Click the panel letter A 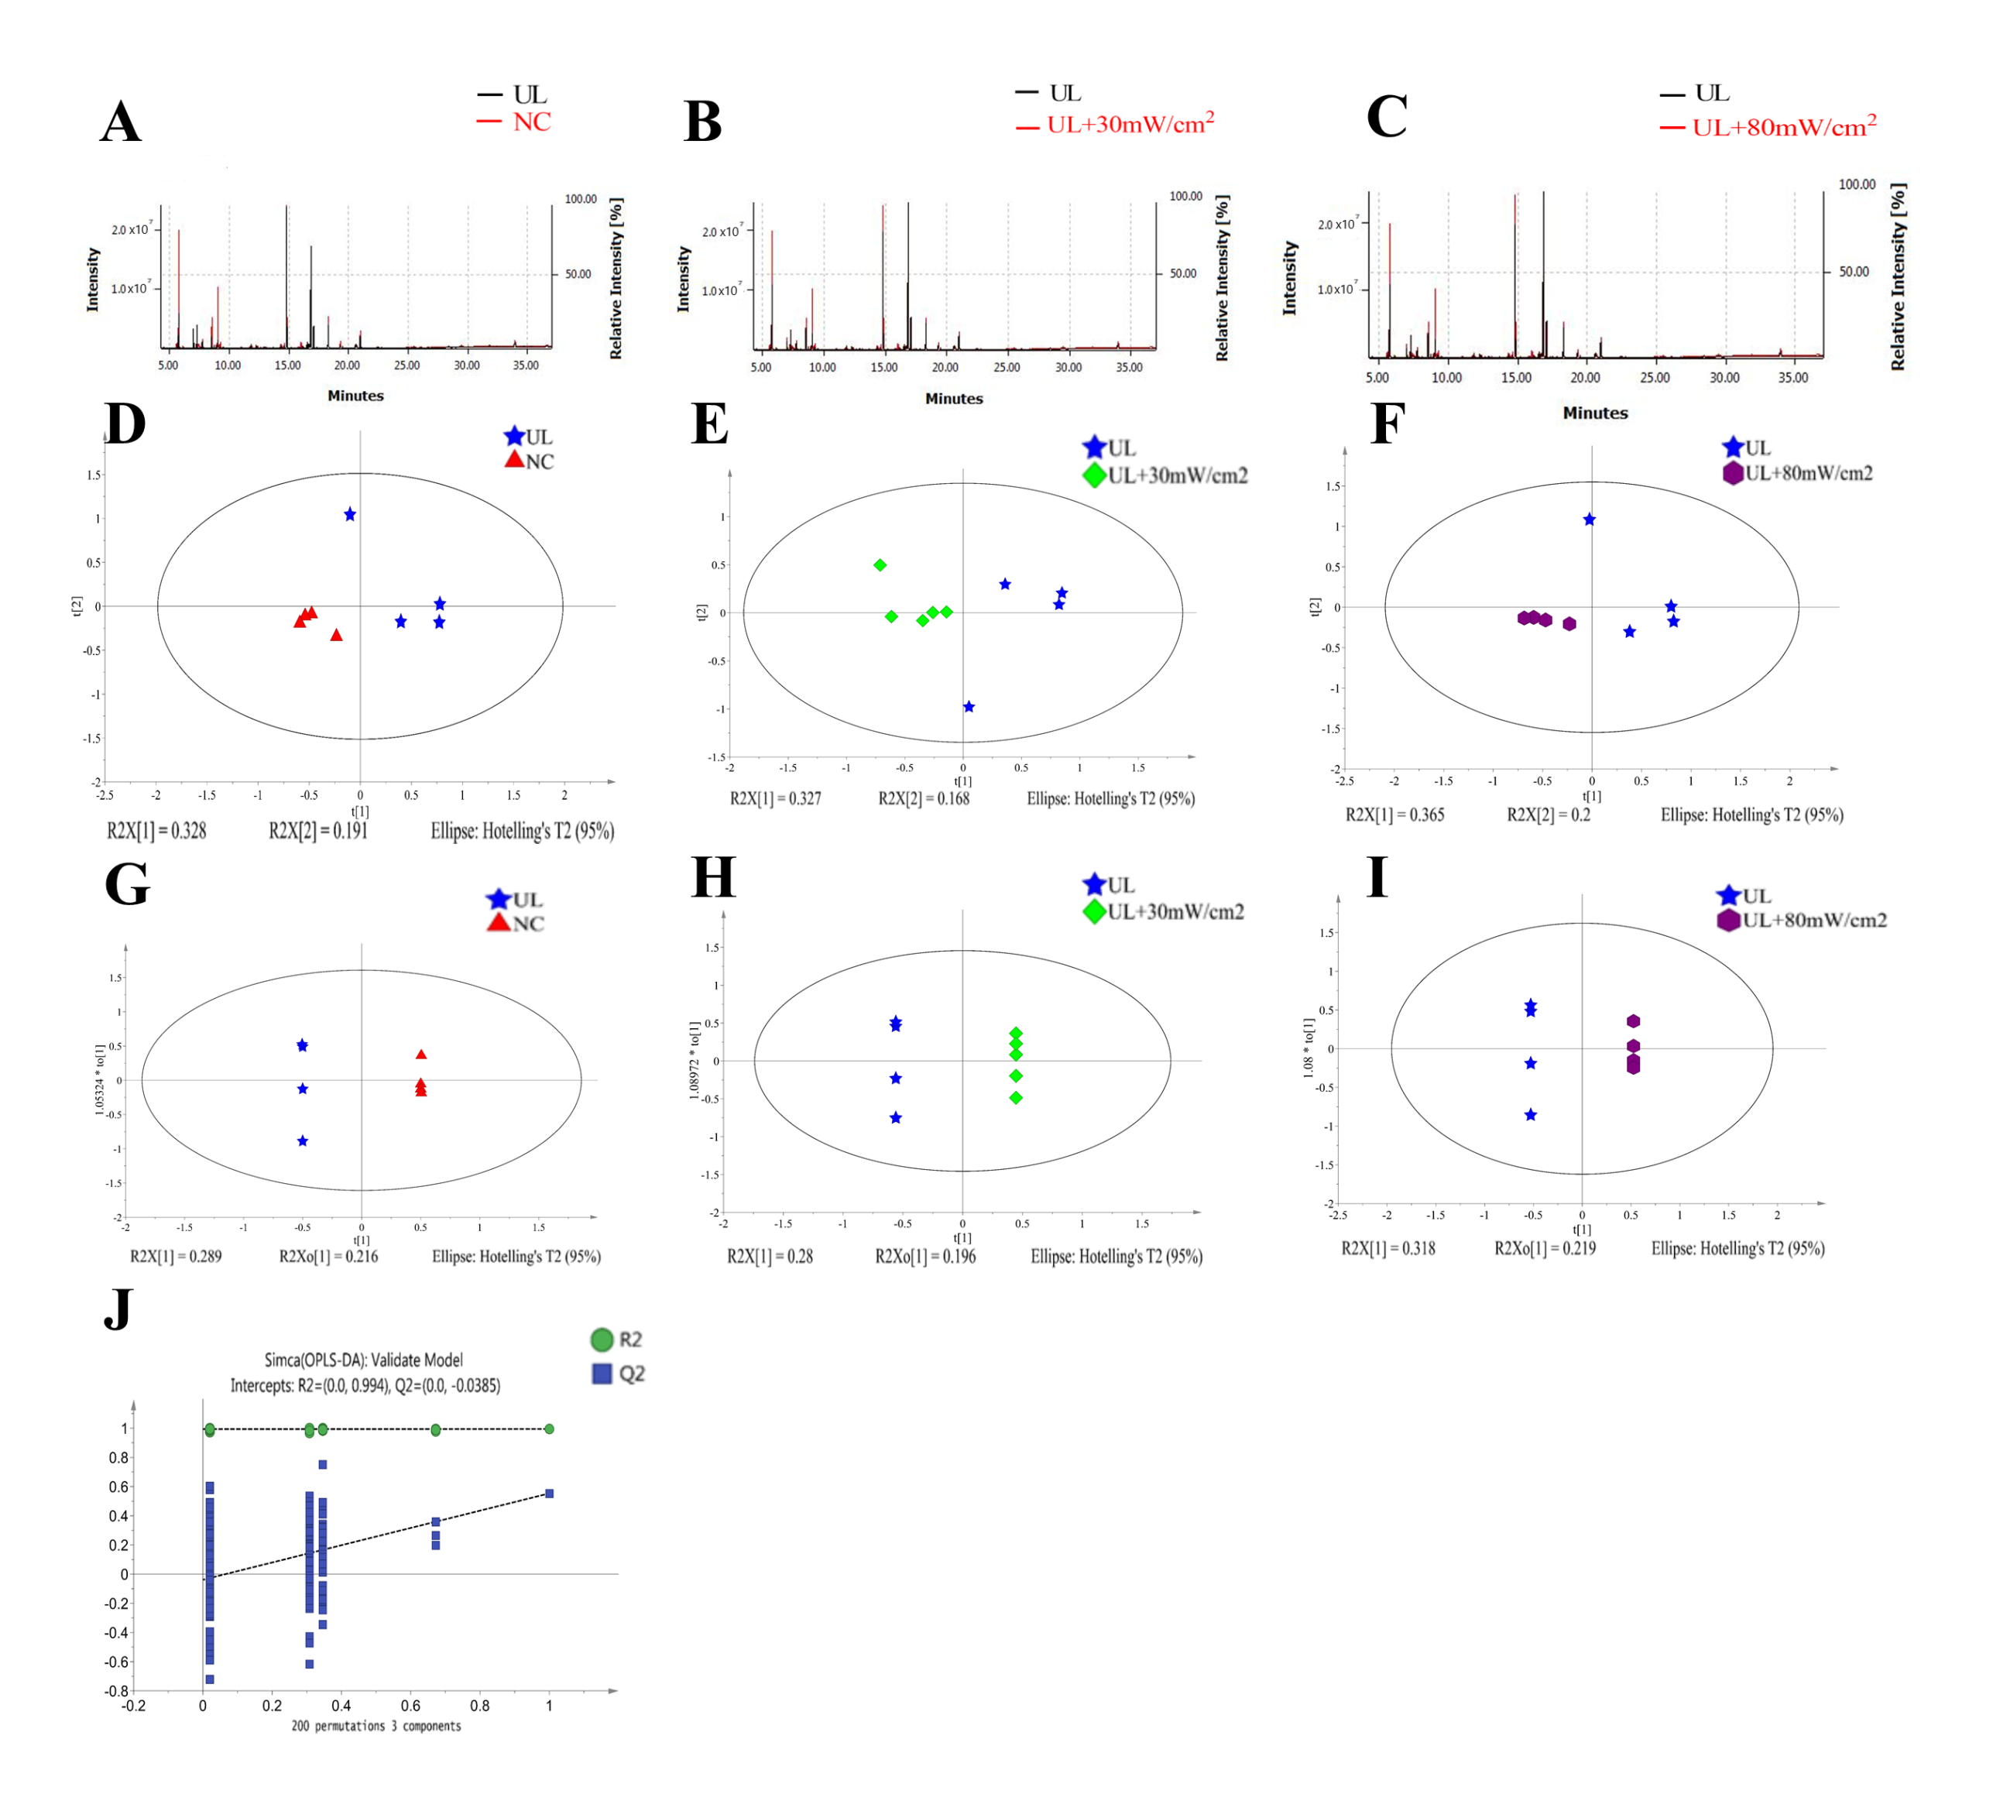(120, 122)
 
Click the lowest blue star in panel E (969, 707)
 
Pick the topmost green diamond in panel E (880, 564)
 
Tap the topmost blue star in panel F (1589, 520)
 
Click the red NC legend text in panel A (531, 122)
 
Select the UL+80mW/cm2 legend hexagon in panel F (1732, 473)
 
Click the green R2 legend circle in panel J (602, 1339)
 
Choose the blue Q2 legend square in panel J (602, 1373)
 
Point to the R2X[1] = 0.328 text (156, 831)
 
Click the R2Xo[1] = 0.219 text (1545, 1248)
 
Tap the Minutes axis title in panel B (953, 400)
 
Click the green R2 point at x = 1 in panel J (549, 1429)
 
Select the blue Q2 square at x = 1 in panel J (549, 1494)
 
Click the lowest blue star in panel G (303, 1141)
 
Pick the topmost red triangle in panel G (421, 1055)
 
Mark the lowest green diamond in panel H (1015, 1097)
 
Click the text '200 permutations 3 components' (376, 1726)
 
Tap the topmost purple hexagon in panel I (1633, 1021)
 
